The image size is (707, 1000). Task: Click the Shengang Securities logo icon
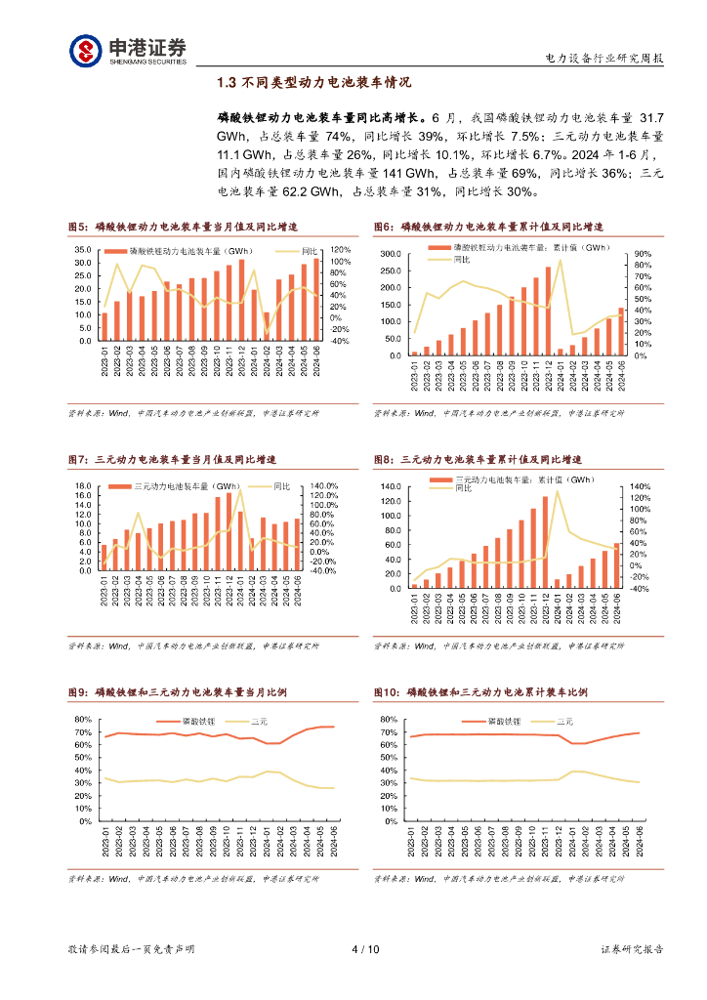[85, 50]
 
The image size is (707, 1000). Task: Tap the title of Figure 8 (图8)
[478, 459]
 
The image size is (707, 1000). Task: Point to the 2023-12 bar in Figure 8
[545, 542]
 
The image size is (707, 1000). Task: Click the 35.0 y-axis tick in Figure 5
[84, 250]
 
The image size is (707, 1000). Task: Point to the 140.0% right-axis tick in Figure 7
[323, 486]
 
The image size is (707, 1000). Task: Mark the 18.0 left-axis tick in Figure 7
[84, 486]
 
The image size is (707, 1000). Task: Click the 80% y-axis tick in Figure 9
[83, 720]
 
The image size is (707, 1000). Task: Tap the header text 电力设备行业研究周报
[603, 59]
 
